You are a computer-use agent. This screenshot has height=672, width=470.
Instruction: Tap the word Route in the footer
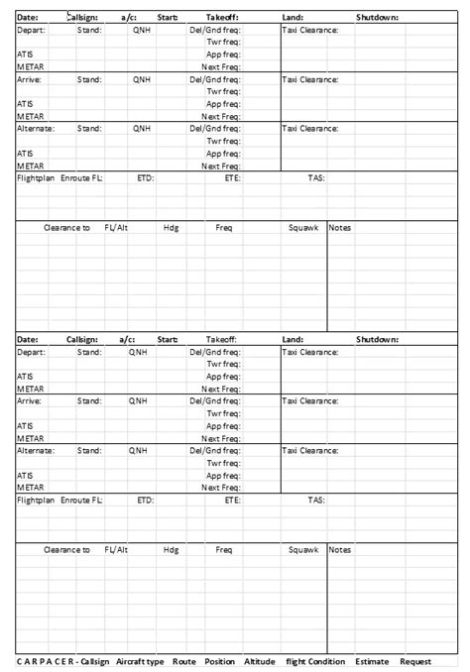(183, 661)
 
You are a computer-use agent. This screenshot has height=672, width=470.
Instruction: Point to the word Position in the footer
(220, 661)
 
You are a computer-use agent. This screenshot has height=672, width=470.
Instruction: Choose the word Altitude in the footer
(260, 661)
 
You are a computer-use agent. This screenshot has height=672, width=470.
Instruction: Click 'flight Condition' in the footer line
(315, 661)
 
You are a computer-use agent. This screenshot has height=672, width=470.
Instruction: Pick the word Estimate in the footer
(373, 661)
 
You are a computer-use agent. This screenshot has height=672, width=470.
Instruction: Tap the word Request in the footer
(416, 661)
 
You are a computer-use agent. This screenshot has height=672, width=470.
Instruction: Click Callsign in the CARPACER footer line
(94, 661)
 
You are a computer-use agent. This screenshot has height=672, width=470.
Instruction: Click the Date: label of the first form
(27, 17)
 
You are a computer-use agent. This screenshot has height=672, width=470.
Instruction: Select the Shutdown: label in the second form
(377, 339)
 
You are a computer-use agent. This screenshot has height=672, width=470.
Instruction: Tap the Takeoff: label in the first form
(222, 17)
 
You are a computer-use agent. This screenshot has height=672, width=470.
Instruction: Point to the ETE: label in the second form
(232, 501)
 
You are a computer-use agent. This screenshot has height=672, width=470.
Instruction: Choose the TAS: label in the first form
(315, 178)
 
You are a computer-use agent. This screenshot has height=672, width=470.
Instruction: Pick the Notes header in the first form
(340, 227)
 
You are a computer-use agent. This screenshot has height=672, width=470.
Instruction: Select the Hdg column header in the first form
(172, 227)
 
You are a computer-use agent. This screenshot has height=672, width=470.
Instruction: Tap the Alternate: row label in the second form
(36, 450)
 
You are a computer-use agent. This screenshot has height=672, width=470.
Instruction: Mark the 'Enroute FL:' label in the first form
(81, 178)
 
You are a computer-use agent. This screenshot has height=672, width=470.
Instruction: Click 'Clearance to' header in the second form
(66, 549)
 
